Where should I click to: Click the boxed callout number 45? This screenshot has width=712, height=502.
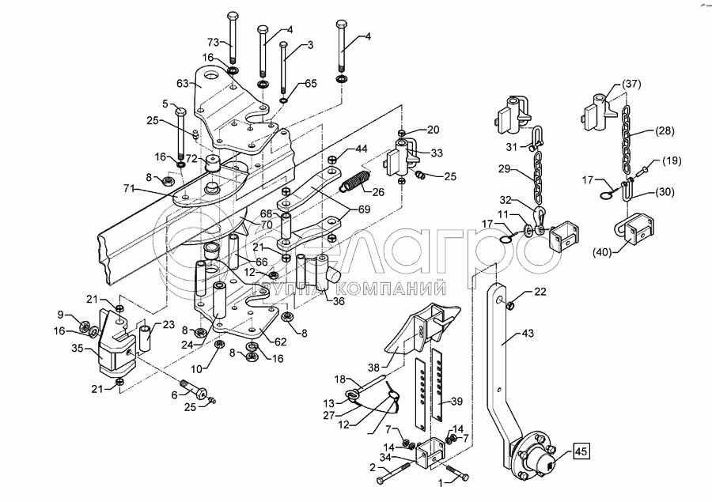[581, 453]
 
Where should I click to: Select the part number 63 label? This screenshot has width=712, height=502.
[182, 82]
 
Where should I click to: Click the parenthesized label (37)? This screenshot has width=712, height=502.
[631, 85]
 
